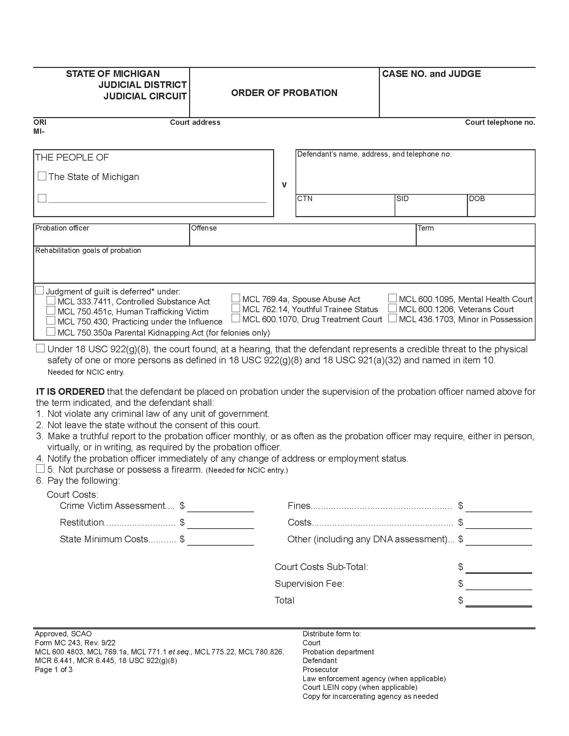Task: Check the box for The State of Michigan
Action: click(x=42, y=176)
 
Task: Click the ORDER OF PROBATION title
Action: click(x=284, y=93)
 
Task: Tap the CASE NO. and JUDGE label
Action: click(x=431, y=74)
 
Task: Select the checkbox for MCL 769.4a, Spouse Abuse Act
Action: click(x=236, y=298)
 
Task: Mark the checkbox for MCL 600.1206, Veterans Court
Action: click(x=392, y=308)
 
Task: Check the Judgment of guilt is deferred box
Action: click(x=39, y=290)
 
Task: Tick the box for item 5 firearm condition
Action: click(x=40, y=468)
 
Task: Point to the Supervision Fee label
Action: click(x=309, y=584)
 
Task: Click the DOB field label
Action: click(x=477, y=199)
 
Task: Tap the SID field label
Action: click(x=402, y=199)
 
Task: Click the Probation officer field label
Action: click(x=62, y=228)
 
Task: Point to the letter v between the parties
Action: click(x=284, y=185)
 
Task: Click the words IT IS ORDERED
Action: click(x=70, y=392)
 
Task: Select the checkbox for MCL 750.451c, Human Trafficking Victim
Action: click(x=51, y=310)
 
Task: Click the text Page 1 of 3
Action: click(x=54, y=670)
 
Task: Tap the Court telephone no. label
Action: click(x=500, y=122)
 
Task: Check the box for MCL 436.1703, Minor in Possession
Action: click(x=392, y=318)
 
